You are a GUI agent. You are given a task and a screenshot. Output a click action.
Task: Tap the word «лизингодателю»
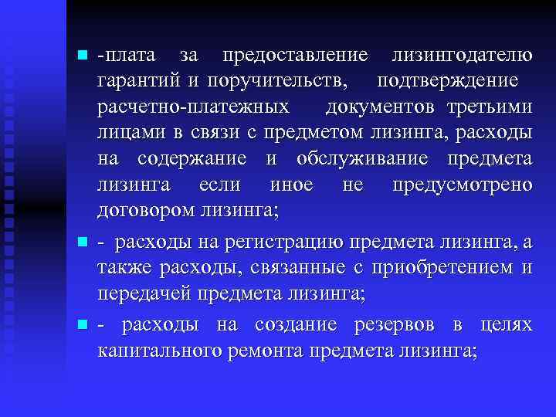click(461, 56)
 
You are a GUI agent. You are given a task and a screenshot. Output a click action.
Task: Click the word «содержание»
click(192, 159)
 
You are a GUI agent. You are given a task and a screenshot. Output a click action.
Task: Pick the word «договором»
click(147, 211)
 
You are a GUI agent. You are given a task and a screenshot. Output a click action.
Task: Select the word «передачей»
click(144, 294)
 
